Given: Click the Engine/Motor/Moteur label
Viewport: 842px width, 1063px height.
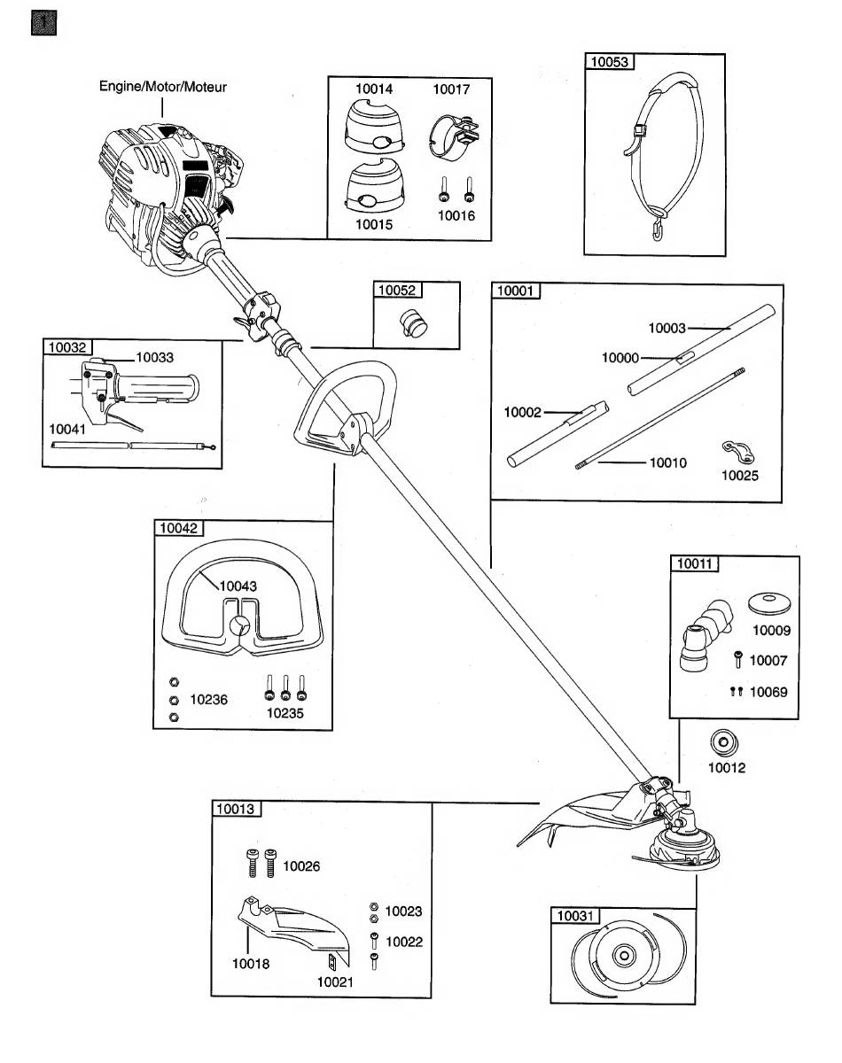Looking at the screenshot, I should tap(162, 87).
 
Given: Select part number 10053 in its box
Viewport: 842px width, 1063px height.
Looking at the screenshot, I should tap(610, 62).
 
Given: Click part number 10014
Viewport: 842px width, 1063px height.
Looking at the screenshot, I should tap(374, 89).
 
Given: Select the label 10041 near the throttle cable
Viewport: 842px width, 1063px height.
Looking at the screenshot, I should tap(68, 429).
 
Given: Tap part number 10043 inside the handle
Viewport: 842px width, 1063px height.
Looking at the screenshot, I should tap(238, 586).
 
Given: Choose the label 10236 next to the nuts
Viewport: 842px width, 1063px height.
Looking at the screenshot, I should tap(208, 700).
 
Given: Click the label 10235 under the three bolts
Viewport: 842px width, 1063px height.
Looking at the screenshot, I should tap(284, 712).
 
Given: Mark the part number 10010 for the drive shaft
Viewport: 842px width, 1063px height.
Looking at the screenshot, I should tap(669, 462).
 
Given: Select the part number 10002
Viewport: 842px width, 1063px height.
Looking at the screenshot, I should tap(523, 412).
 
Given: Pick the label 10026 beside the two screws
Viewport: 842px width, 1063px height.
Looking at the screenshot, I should tap(301, 867).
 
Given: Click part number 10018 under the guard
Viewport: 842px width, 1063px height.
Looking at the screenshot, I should tap(251, 964).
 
